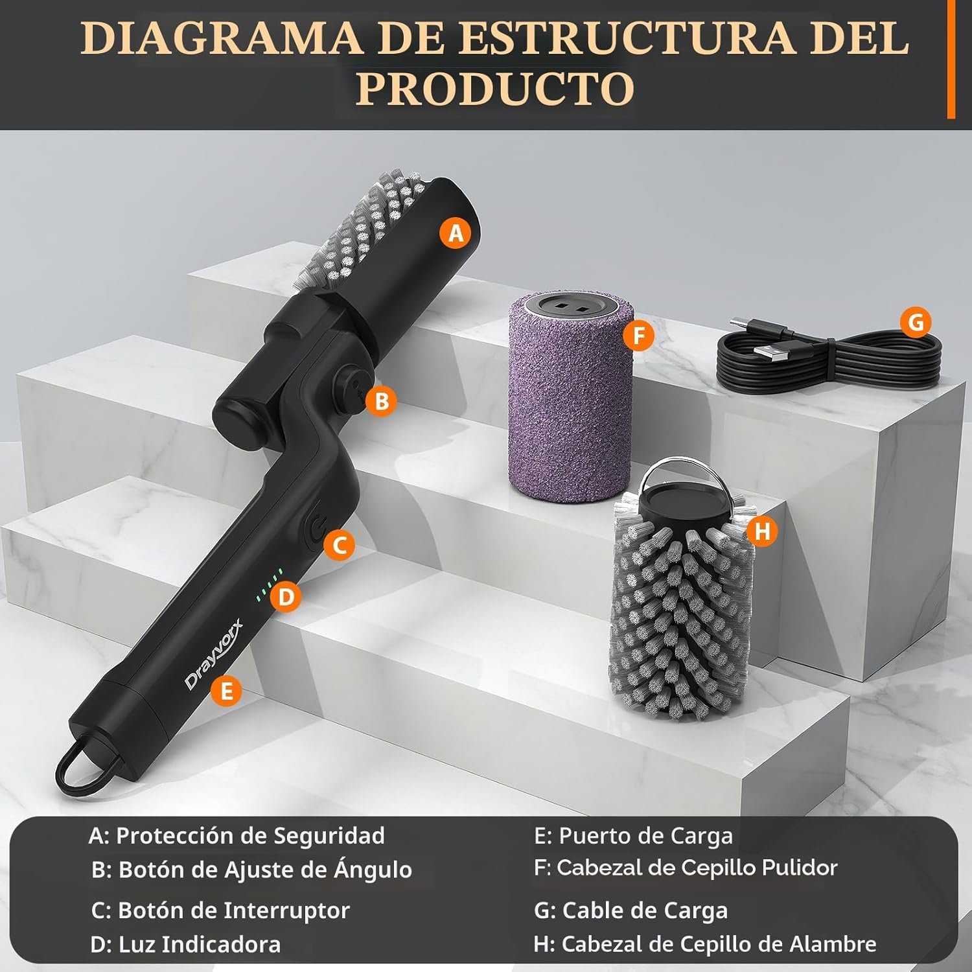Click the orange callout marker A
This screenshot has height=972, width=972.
click(456, 233)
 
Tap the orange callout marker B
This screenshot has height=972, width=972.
click(382, 401)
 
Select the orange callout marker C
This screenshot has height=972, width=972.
click(339, 544)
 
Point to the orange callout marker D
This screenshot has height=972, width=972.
click(286, 596)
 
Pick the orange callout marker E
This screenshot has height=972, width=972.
click(226, 691)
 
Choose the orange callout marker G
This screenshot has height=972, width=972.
click(916, 322)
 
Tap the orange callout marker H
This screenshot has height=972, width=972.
click(762, 531)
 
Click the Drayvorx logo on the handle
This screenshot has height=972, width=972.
click(213, 654)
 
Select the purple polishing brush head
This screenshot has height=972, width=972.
click(570, 393)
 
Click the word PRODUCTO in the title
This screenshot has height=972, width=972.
click(494, 88)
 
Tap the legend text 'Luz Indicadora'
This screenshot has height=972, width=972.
click(200, 944)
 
